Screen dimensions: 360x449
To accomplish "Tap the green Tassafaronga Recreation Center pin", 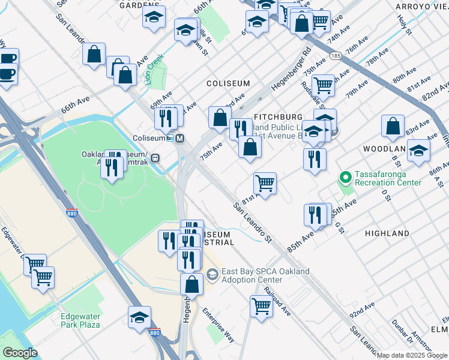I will click(345, 177).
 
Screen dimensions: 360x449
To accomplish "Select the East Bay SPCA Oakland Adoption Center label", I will click(266, 275).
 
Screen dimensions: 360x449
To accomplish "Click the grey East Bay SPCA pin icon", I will click(212, 274).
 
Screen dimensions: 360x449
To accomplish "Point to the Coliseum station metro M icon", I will click(179, 138).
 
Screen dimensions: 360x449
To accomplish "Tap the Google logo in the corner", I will click(20, 353).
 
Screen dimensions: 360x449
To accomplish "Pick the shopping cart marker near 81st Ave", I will click(265, 182).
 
